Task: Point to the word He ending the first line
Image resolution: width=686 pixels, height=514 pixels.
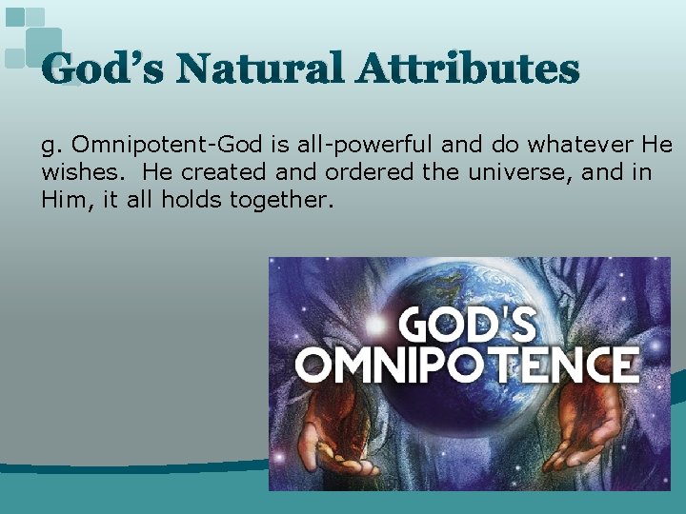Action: click(657, 146)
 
